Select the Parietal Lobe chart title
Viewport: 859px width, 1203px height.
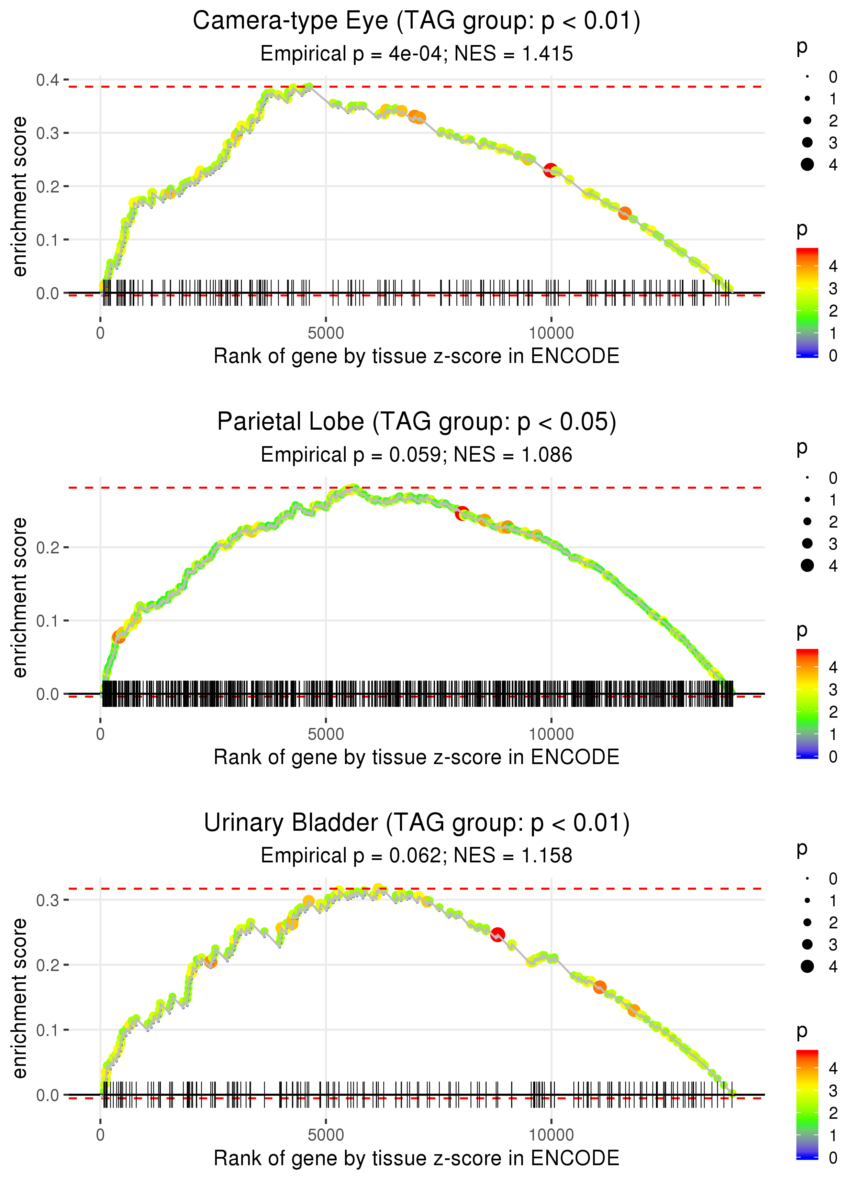click(x=416, y=422)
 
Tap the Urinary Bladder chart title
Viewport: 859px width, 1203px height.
click(x=416, y=823)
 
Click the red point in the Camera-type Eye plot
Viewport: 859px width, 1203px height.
click(x=551, y=170)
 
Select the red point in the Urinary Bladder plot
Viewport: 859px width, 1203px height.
click(x=497, y=935)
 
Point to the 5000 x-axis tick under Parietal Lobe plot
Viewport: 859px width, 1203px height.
click(x=325, y=734)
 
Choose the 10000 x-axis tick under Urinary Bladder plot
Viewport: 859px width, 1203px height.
click(x=551, y=1135)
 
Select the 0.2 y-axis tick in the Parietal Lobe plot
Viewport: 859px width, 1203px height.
click(x=48, y=548)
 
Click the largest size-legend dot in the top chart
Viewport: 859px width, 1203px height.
click(x=807, y=165)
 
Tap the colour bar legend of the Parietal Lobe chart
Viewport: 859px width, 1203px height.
click(x=807, y=703)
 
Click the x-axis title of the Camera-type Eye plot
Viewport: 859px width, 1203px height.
click(x=416, y=356)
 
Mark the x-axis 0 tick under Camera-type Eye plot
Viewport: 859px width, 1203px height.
click(x=100, y=333)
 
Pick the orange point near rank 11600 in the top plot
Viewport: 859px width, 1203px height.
click(x=625, y=213)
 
